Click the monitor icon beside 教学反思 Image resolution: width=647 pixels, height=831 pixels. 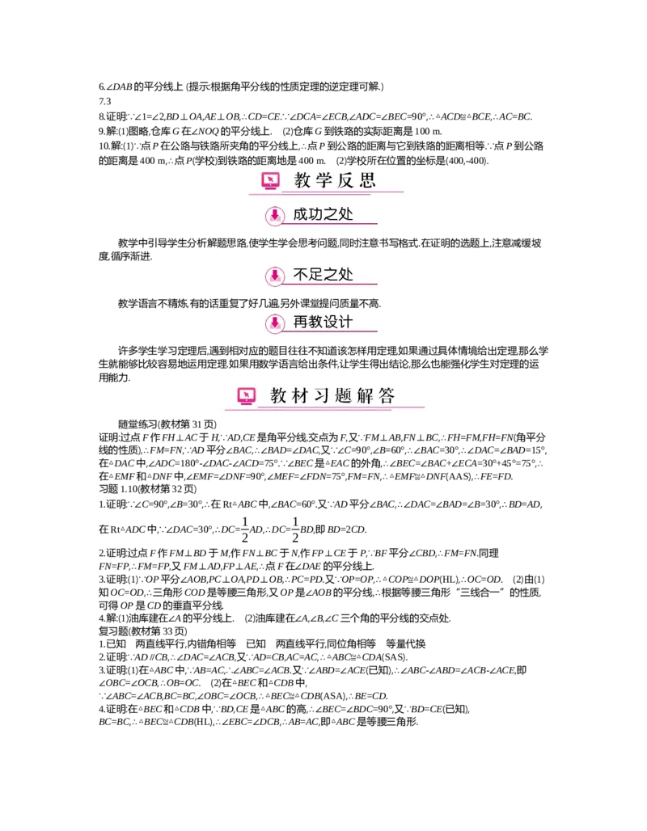[271, 181]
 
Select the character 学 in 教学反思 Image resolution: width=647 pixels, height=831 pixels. [324, 180]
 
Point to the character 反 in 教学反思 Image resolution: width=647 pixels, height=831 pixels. [345, 180]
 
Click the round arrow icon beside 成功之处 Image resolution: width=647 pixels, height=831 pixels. [275, 215]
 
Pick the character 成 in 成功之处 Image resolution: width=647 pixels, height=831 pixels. [301, 214]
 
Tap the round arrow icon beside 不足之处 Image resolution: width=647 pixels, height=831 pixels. [275, 276]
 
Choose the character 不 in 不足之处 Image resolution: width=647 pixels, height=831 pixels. [301, 275]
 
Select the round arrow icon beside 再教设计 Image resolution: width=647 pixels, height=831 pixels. [275, 323]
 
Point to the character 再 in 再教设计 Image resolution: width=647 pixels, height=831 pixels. [301, 322]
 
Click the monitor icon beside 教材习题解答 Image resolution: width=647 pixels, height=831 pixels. [247, 396]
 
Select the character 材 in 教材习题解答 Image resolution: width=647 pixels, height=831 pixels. [300, 396]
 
